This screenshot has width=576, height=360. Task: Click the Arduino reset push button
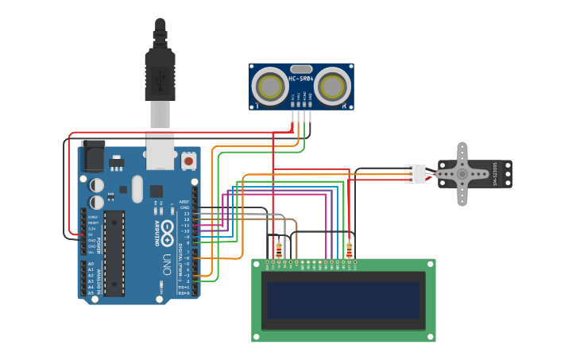pyautogui.click(x=189, y=161)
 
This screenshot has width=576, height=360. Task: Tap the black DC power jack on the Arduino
pyautogui.click(x=93, y=155)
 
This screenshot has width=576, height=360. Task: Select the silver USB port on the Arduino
pyautogui.click(x=160, y=151)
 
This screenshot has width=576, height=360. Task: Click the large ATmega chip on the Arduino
pyautogui.click(x=114, y=253)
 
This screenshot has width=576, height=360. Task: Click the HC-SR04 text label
pyautogui.click(x=301, y=79)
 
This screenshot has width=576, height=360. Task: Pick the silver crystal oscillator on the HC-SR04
pyautogui.click(x=301, y=69)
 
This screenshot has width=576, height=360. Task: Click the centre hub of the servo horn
pyautogui.click(x=462, y=173)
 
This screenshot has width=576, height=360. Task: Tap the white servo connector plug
pyautogui.click(x=415, y=173)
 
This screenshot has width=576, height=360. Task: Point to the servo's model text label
pyautogui.click(x=494, y=173)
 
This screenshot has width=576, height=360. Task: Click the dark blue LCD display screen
pyautogui.click(x=343, y=300)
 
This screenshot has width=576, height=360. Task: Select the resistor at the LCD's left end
pyautogui.click(x=278, y=250)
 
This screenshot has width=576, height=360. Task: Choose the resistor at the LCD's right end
pyautogui.click(x=349, y=250)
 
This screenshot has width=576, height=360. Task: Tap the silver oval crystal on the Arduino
pyautogui.click(x=137, y=189)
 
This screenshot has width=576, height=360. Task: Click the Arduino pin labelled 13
pyautogui.click(x=195, y=214)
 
